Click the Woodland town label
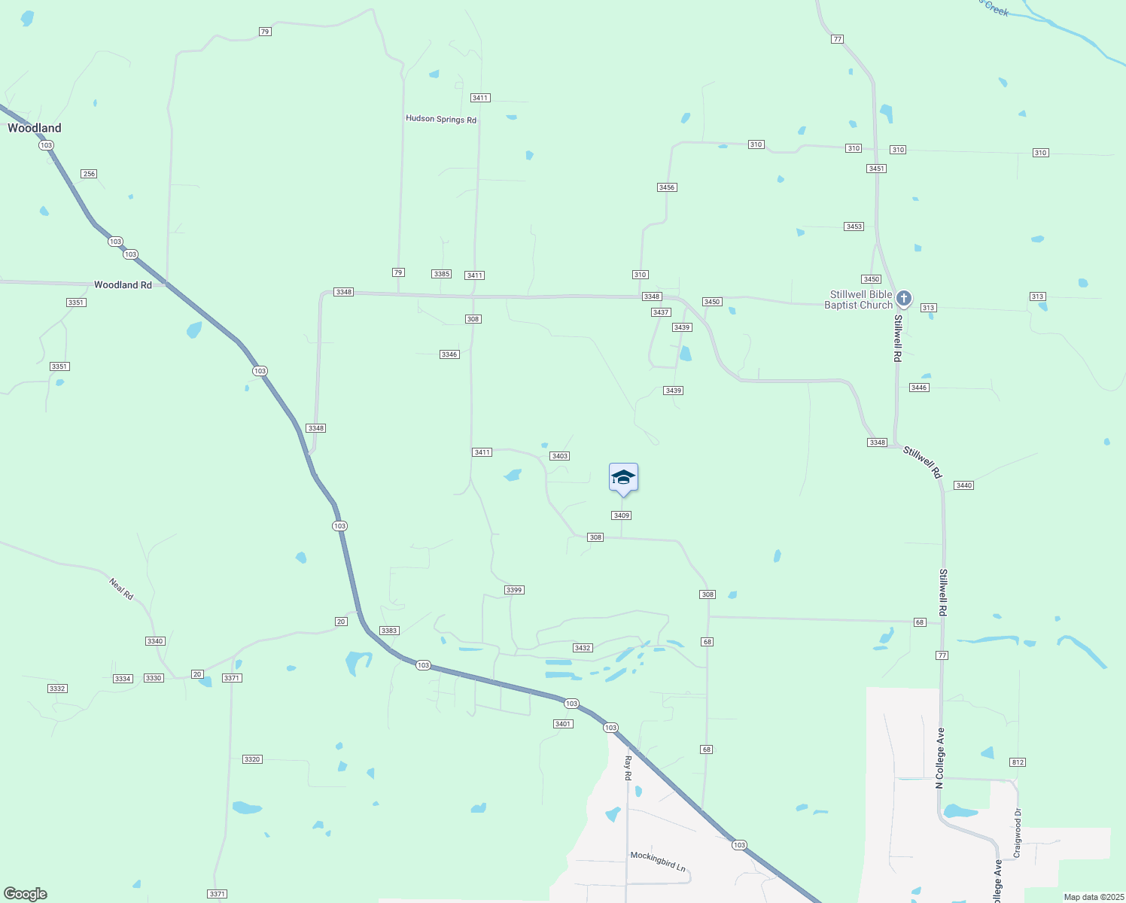(x=35, y=128)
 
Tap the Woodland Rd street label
(x=123, y=285)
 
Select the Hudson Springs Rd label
(x=441, y=120)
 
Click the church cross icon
(x=904, y=299)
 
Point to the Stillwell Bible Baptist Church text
(x=860, y=299)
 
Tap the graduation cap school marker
(x=623, y=478)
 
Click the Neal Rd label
(x=121, y=588)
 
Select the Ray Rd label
(x=628, y=768)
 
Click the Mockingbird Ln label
(x=658, y=861)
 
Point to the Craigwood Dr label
(x=1018, y=833)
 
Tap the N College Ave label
(x=940, y=758)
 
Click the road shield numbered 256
(x=89, y=174)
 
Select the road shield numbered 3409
(x=621, y=515)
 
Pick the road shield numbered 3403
(x=559, y=456)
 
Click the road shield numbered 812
(x=1018, y=762)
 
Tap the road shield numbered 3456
(x=666, y=187)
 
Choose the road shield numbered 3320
(x=252, y=759)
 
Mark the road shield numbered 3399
(x=514, y=590)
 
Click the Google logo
(x=26, y=894)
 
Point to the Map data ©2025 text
(x=1092, y=897)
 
